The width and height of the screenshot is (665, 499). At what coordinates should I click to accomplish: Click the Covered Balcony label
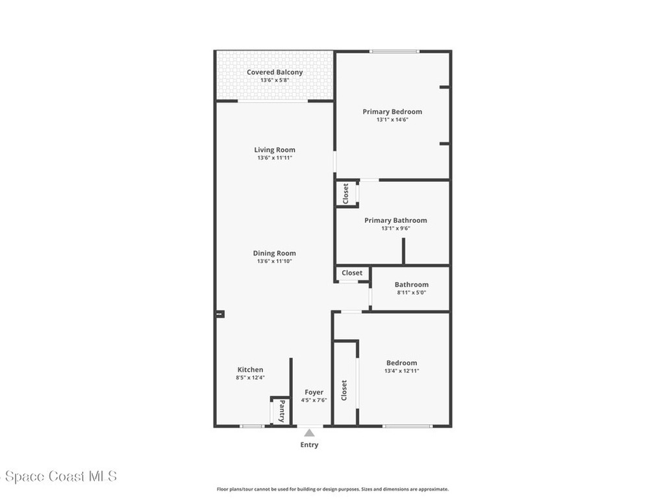pyautogui.click(x=274, y=72)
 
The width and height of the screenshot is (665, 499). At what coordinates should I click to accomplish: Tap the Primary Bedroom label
pyautogui.click(x=392, y=112)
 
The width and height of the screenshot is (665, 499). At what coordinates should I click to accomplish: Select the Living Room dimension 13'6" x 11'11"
pyautogui.click(x=274, y=159)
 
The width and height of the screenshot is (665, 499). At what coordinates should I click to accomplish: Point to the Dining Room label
pyautogui.click(x=274, y=253)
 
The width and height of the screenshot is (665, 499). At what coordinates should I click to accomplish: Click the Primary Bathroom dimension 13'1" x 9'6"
pyautogui.click(x=395, y=229)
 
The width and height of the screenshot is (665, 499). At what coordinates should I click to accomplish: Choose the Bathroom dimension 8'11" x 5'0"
pyautogui.click(x=411, y=293)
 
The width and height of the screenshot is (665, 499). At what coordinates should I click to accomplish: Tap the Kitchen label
pyautogui.click(x=250, y=370)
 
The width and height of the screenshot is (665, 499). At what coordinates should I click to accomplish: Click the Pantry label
pyautogui.click(x=282, y=411)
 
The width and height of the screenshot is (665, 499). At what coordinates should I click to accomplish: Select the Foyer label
pyautogui.click(x=314, y=392)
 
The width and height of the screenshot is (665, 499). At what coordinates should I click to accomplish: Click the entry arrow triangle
pyautogui.click(x=310, y=433)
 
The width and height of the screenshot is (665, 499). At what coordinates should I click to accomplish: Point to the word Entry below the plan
pyautogui.click(x=310, y=445)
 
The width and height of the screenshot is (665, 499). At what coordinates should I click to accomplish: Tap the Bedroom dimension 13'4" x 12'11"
pyautogui.click(x=401, y=371)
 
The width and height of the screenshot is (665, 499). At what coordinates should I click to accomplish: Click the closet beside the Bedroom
pyautogui.click(x=344, y=390)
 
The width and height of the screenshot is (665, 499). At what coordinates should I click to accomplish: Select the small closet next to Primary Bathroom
pyautogui.click(x=346, y=194)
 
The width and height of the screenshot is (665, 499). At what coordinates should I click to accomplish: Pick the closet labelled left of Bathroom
pyautogui.click(x=352, y=273)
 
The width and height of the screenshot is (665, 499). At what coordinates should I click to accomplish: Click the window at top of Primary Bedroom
pyautogui.click(x=394, y=51)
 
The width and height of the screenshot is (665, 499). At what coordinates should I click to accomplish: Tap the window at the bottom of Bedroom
pyautogui.click(x=407, y=426)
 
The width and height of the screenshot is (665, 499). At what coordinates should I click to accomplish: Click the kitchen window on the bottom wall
pyautogui.click(x=252, y=426)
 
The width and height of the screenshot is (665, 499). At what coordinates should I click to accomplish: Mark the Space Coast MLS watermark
pyautogui.click(x=58, y=477)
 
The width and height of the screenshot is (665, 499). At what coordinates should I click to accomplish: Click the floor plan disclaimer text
pyautogui.click(x=332, y=489)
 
